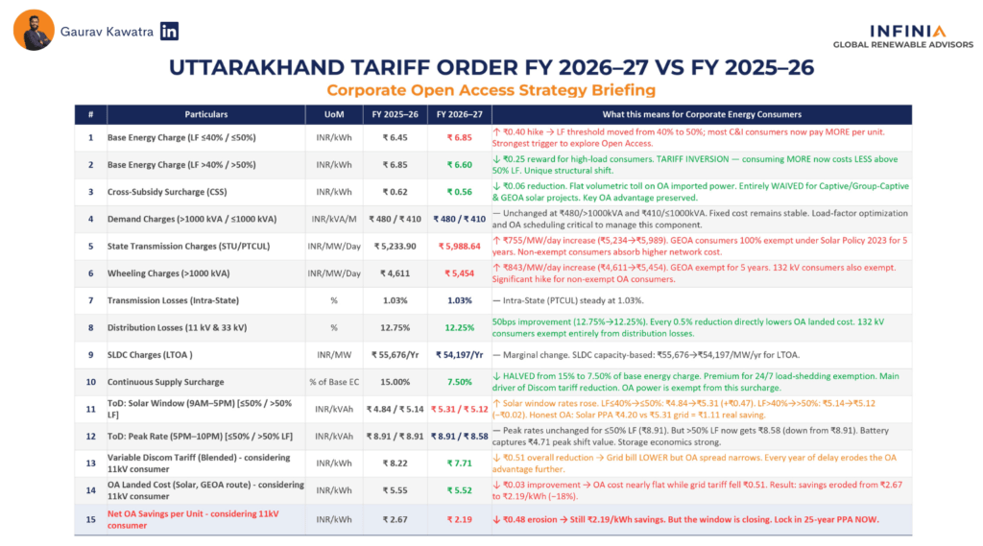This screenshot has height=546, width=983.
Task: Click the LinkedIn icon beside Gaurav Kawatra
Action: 170,31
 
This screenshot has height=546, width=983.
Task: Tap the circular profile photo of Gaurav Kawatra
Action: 34,31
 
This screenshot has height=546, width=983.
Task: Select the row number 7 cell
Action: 90,300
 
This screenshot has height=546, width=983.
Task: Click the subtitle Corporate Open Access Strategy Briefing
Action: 491,90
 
